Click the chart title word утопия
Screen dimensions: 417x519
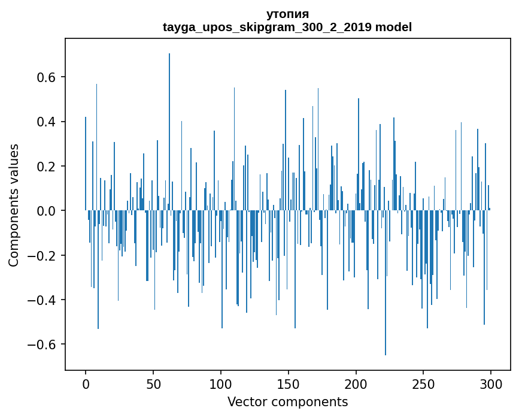click(x=287, y=14)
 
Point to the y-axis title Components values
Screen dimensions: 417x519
click(x=14, y=205)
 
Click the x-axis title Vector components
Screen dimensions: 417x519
click(x=287, y=401)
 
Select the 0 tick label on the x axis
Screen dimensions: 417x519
click(x=86, y=384)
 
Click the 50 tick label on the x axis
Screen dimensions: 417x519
click(x=153, y=384)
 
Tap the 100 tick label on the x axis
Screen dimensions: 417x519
click(x=221, y=384)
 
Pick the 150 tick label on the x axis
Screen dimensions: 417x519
click(x=289, y=384)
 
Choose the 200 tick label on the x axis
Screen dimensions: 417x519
click(x=356, y=384)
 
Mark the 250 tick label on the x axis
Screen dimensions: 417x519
click(x=424, y=384)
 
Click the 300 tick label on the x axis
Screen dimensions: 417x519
click(x=491, y=384)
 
